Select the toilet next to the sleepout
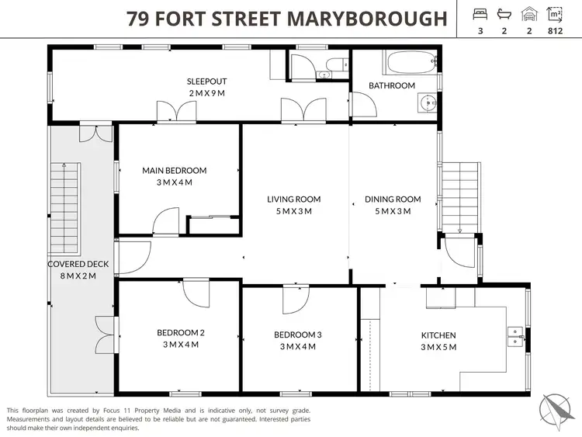(331, 66)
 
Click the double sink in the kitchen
(514, 335)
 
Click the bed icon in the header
(480, 14)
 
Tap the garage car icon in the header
(530, 14)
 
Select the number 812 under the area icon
(554, 32)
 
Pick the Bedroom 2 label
(181, 333)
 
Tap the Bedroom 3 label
(297, 335)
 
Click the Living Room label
(294, 199)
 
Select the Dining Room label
(393, 199)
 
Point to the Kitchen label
(438, 335)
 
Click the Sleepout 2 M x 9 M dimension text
(206, 93)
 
